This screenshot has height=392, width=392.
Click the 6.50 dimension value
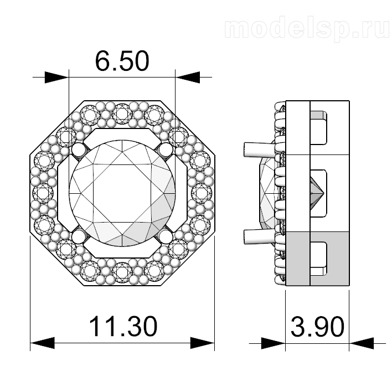122,61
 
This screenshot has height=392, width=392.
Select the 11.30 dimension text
123,326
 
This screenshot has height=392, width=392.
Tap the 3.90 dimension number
317,327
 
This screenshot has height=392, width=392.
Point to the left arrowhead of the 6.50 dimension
56,78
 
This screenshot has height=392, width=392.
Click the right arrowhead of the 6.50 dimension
188,78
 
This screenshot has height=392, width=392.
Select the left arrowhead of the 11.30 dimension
42,343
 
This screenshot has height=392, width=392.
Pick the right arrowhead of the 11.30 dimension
203,343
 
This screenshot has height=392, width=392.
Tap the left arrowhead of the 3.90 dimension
274,343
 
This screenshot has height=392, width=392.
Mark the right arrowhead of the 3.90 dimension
361,343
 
